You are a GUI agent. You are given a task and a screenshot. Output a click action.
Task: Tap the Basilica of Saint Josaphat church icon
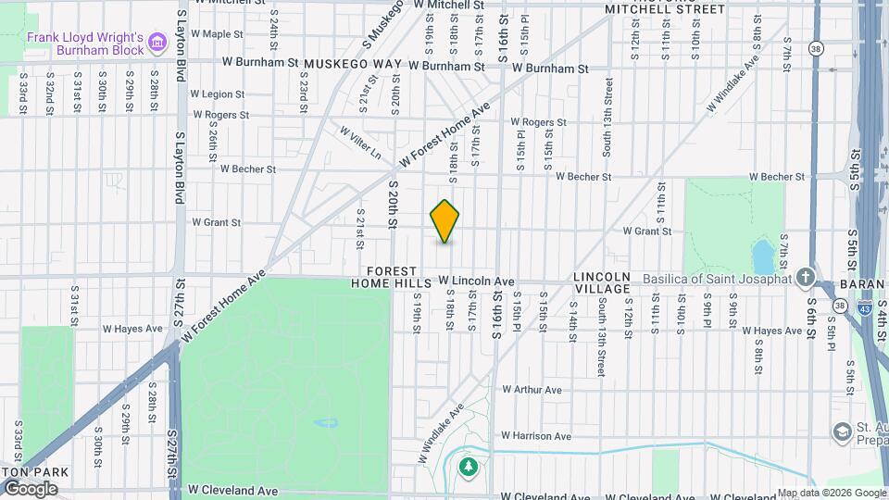806,277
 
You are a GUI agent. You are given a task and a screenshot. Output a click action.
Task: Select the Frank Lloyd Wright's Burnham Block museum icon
157,42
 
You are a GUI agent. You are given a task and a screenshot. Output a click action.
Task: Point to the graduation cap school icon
842,431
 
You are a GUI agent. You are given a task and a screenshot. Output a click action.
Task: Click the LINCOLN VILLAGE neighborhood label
601,282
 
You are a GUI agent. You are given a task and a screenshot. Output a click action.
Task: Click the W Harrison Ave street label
536,435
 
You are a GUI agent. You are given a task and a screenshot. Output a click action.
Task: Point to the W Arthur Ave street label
531,391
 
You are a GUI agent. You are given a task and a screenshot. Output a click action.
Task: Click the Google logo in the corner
31,488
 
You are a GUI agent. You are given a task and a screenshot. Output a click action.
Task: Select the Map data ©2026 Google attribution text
831,493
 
